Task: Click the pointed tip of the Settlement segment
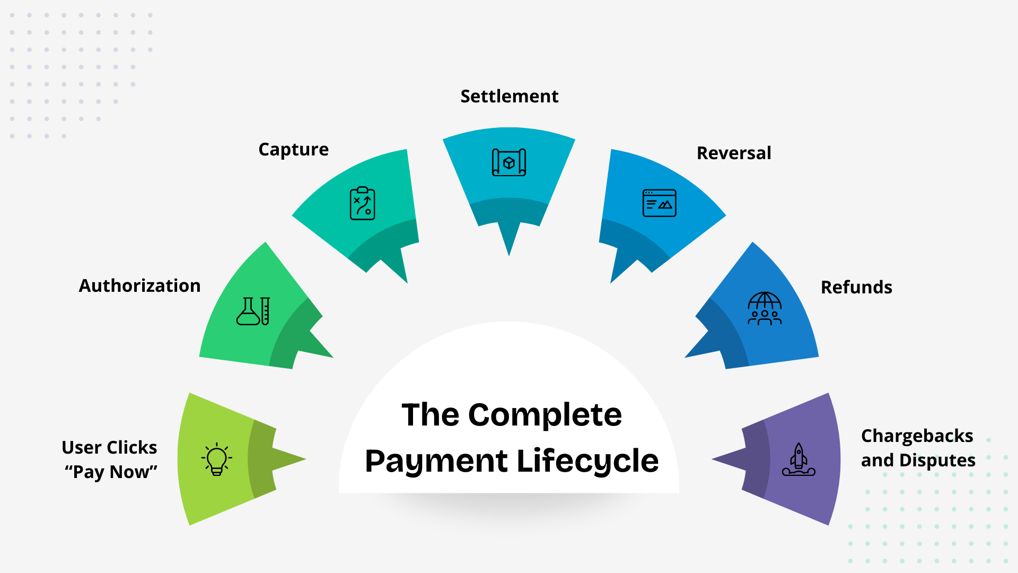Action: click(509, 256)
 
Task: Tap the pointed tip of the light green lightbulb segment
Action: click(306, 459)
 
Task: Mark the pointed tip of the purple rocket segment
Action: click(712, 459)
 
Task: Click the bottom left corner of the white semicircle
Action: click(339, 493)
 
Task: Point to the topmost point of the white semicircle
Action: click(509, 322)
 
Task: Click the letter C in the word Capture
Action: click(264, 150)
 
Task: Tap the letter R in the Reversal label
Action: click(703, 153)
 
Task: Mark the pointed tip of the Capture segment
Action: click(407, 283)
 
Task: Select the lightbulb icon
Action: click(217, 459)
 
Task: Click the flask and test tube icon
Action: click(253, 311)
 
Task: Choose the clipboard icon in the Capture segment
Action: click(363, 203)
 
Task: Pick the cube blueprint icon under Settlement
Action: click(509, 162)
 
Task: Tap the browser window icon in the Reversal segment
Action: click(660, 203)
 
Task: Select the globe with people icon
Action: click(765, 308)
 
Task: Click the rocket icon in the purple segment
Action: click(799, 459)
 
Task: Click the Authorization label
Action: click(140, 285)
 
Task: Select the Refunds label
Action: click(857, 287)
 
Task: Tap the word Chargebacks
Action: click(917, 436)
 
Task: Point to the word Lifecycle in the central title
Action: click(587, 461)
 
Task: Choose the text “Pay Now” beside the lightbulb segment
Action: click(111, 472)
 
